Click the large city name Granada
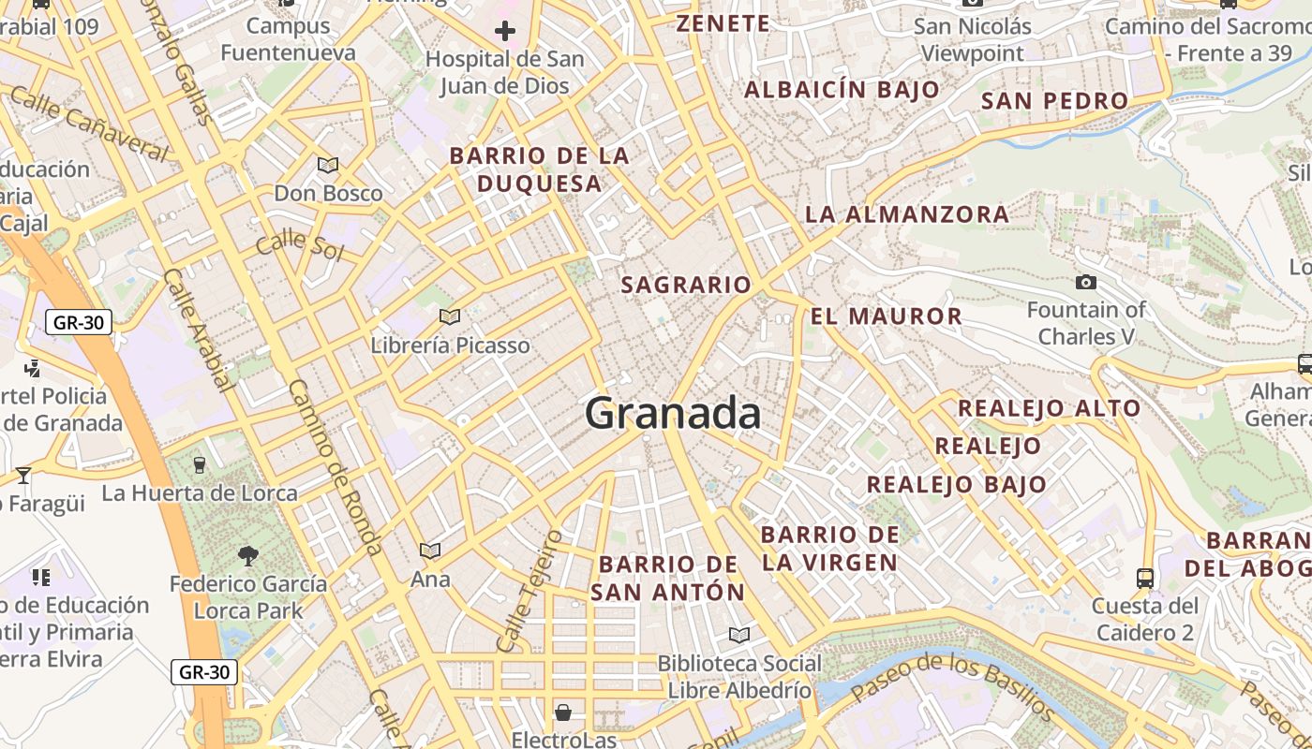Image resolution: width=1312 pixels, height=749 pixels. pos(673,413)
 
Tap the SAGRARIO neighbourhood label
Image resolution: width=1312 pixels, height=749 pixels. pos(686,285)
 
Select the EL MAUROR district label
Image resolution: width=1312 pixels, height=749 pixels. pos(886,316)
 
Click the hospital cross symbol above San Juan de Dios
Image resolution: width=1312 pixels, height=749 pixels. pos(505,31)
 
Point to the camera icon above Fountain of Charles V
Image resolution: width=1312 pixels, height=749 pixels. pos(1086,282)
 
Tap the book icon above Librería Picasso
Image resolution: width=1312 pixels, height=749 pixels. pos(450,317)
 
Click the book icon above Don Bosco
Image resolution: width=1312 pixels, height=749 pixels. pos(327,166)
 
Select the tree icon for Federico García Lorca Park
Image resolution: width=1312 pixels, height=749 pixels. pos(248,556)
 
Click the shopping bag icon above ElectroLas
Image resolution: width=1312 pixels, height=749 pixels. pos(563,712)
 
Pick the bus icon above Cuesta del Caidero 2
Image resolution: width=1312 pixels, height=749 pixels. pos(1144,578)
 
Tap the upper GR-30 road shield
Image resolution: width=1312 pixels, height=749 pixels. pos(79,323)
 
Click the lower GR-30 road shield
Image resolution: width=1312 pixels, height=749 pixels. pos(204,671)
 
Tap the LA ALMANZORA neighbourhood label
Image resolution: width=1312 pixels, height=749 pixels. pos(907,214)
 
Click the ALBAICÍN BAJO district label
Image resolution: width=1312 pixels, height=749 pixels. pos(842,90)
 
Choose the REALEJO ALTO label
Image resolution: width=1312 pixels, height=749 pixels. pos(1049,408)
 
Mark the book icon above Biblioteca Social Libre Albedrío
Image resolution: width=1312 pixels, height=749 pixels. pos(739,636)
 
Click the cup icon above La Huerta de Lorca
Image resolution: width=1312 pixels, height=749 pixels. pos(199,464)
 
